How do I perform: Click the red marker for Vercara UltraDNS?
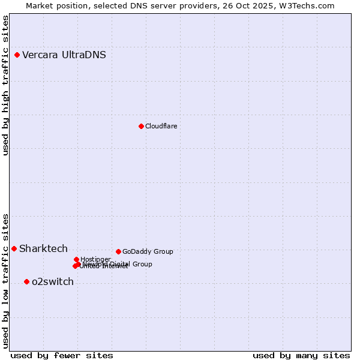[17, 55]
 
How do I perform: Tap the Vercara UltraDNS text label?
[64, 55]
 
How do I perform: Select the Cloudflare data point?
[141, 126]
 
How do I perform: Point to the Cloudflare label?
[161, 126]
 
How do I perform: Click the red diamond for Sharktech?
[14, 248]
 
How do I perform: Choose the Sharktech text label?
[43, 249]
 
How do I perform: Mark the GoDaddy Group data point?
[118, 251]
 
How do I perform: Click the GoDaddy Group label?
[148, 252]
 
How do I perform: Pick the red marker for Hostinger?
[76, 259]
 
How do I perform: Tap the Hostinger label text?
[95, 259]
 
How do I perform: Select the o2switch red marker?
[26, 282]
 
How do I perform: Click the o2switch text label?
[53, 282]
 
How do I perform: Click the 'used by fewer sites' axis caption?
[62, 355]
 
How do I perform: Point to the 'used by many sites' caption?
[301, 355]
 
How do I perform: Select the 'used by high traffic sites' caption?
[6, 85]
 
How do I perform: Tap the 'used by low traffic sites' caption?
[6, 280]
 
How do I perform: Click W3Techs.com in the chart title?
[313, 5]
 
